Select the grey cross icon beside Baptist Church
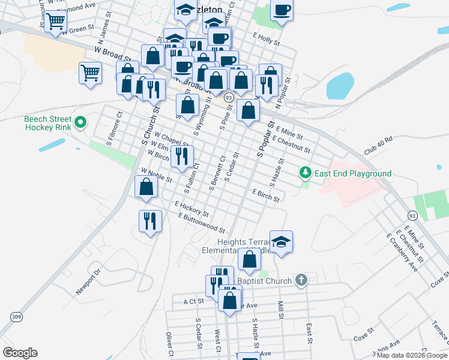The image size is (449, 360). coord(301,280)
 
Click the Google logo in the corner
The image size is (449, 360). coord(20,353)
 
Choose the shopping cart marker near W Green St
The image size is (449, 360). coord(56,22)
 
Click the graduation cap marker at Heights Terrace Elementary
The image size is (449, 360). coord(281,242)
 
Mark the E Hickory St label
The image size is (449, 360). coord(191,208)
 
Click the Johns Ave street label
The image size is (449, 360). coord(386,348)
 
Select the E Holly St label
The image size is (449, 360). coord(267,40)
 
